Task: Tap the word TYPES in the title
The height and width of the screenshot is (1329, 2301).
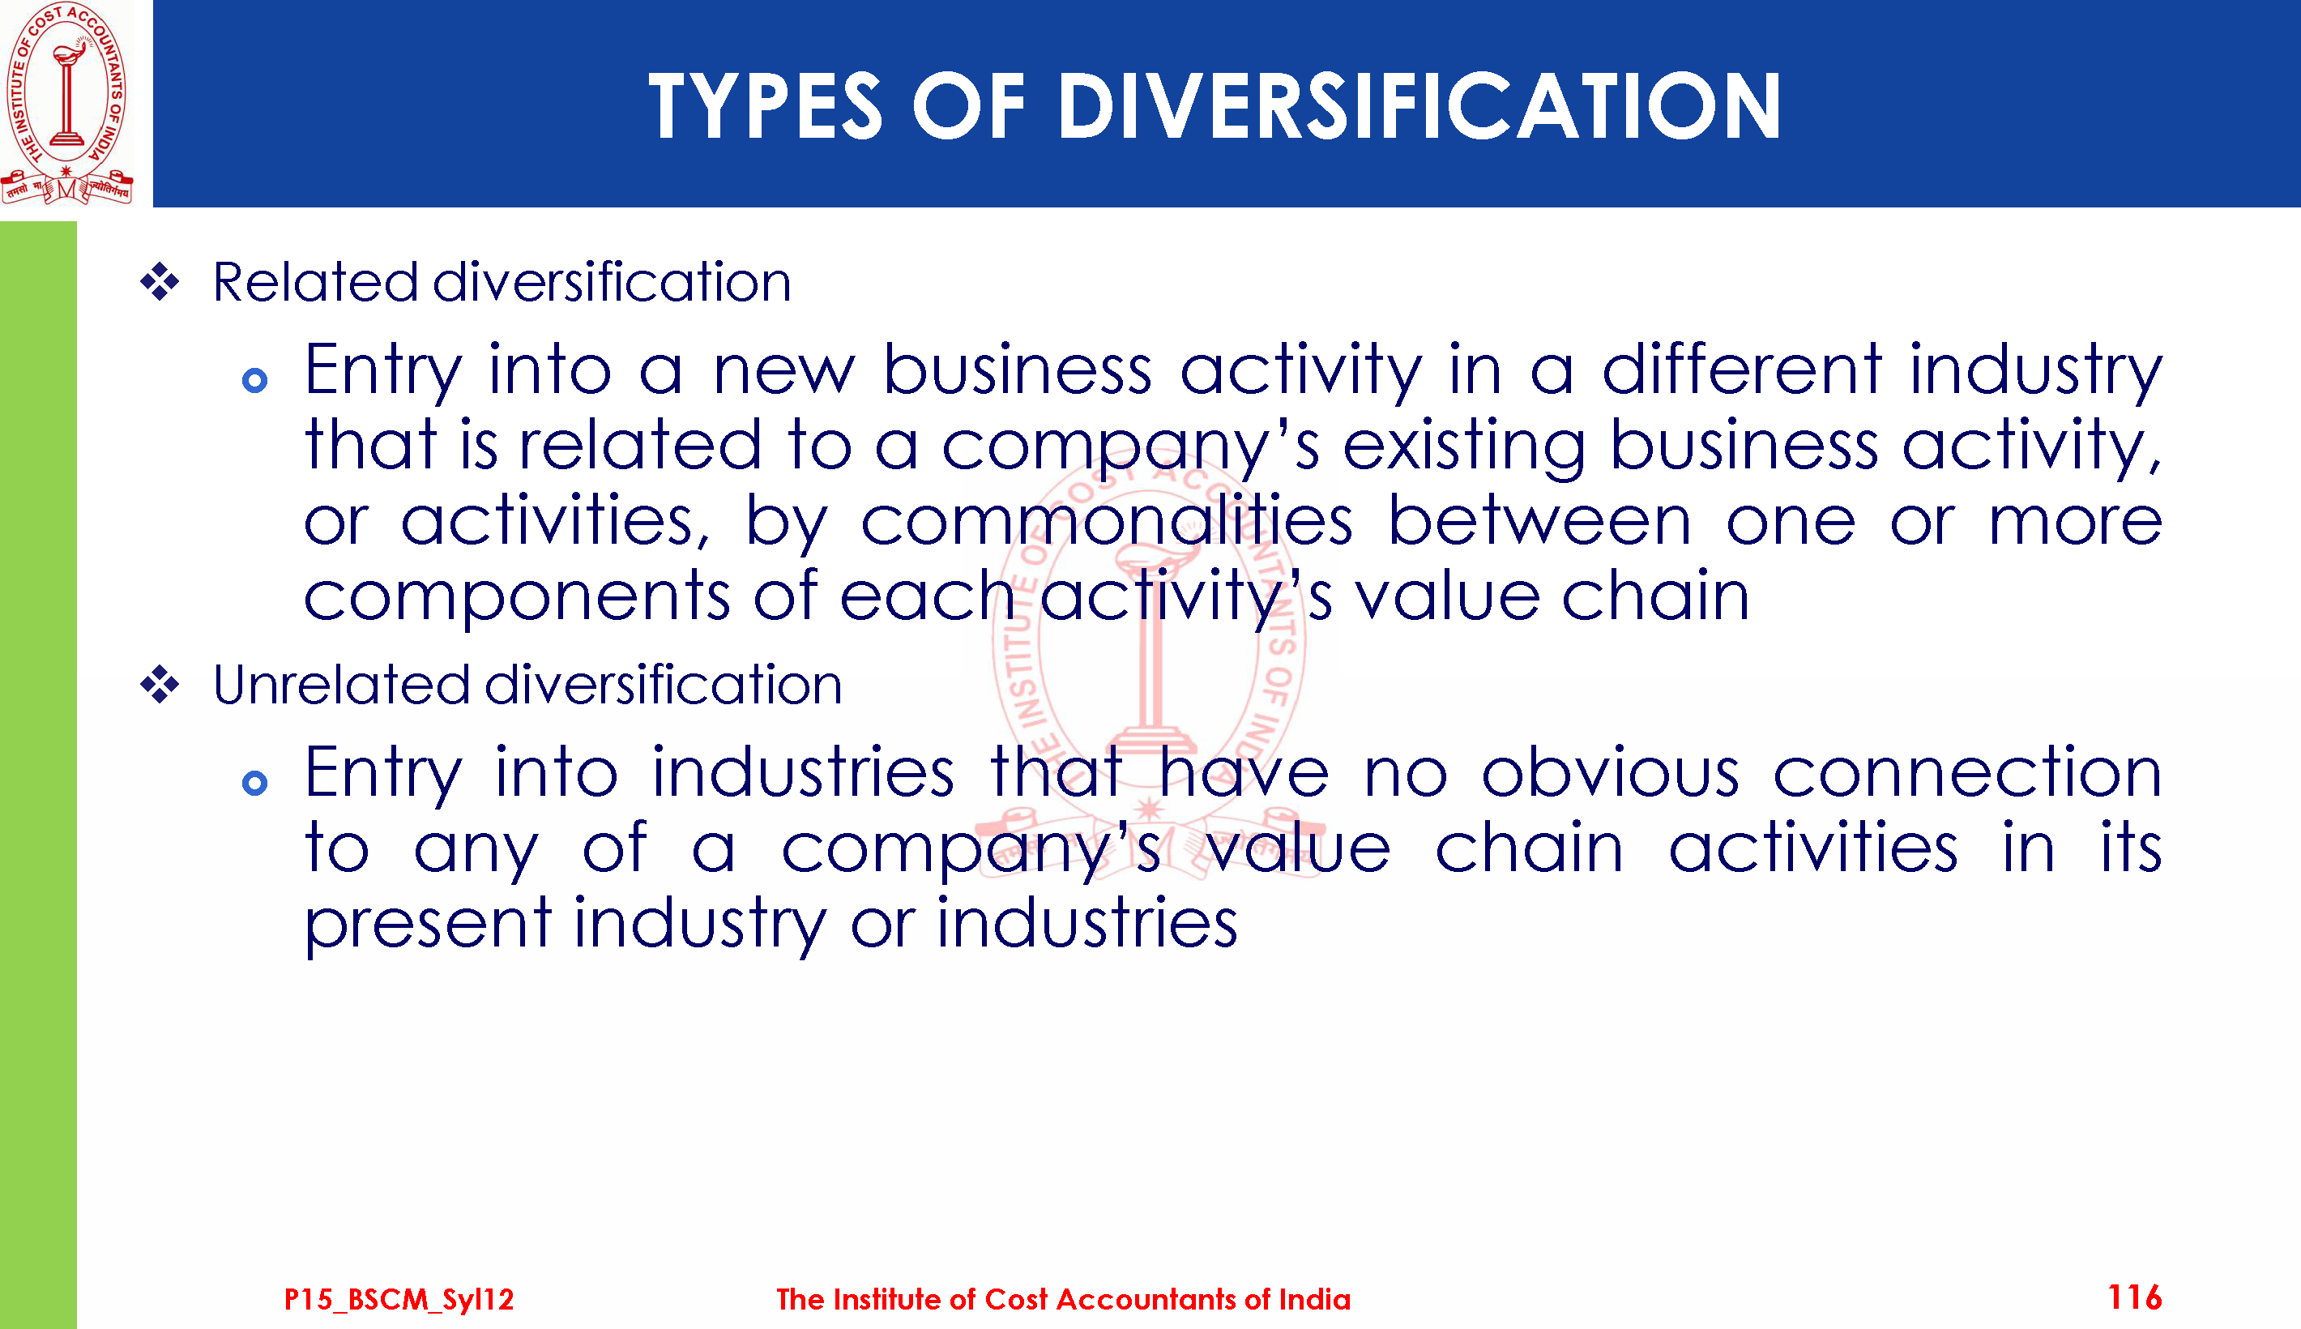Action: pyautogui.click(x=766, y=106)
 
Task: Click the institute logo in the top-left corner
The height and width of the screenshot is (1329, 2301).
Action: pyautogui.click(x=66, y=103)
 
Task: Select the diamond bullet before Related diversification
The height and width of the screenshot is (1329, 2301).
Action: pyautogui.click(x=160, y=282)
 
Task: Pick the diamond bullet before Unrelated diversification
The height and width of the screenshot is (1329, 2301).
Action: pyautogui.click(x=160, y=685)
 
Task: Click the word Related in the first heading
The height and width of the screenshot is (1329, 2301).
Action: pyautogui.click(x=315, y=281)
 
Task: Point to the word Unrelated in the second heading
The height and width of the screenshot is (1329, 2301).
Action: pyautogui.click(x=341, y=685)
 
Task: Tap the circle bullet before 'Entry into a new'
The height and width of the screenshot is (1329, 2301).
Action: pyautogui.click(x=254, y=381)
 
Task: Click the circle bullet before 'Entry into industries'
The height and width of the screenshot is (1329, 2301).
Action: pyautogui.click(x=254, y=783)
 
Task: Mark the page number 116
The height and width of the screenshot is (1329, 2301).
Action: pyautogui.click(x=2135, y=1297)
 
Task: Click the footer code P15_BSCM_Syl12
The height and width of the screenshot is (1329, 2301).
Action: pyautogui.click(x=399, y=1300)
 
